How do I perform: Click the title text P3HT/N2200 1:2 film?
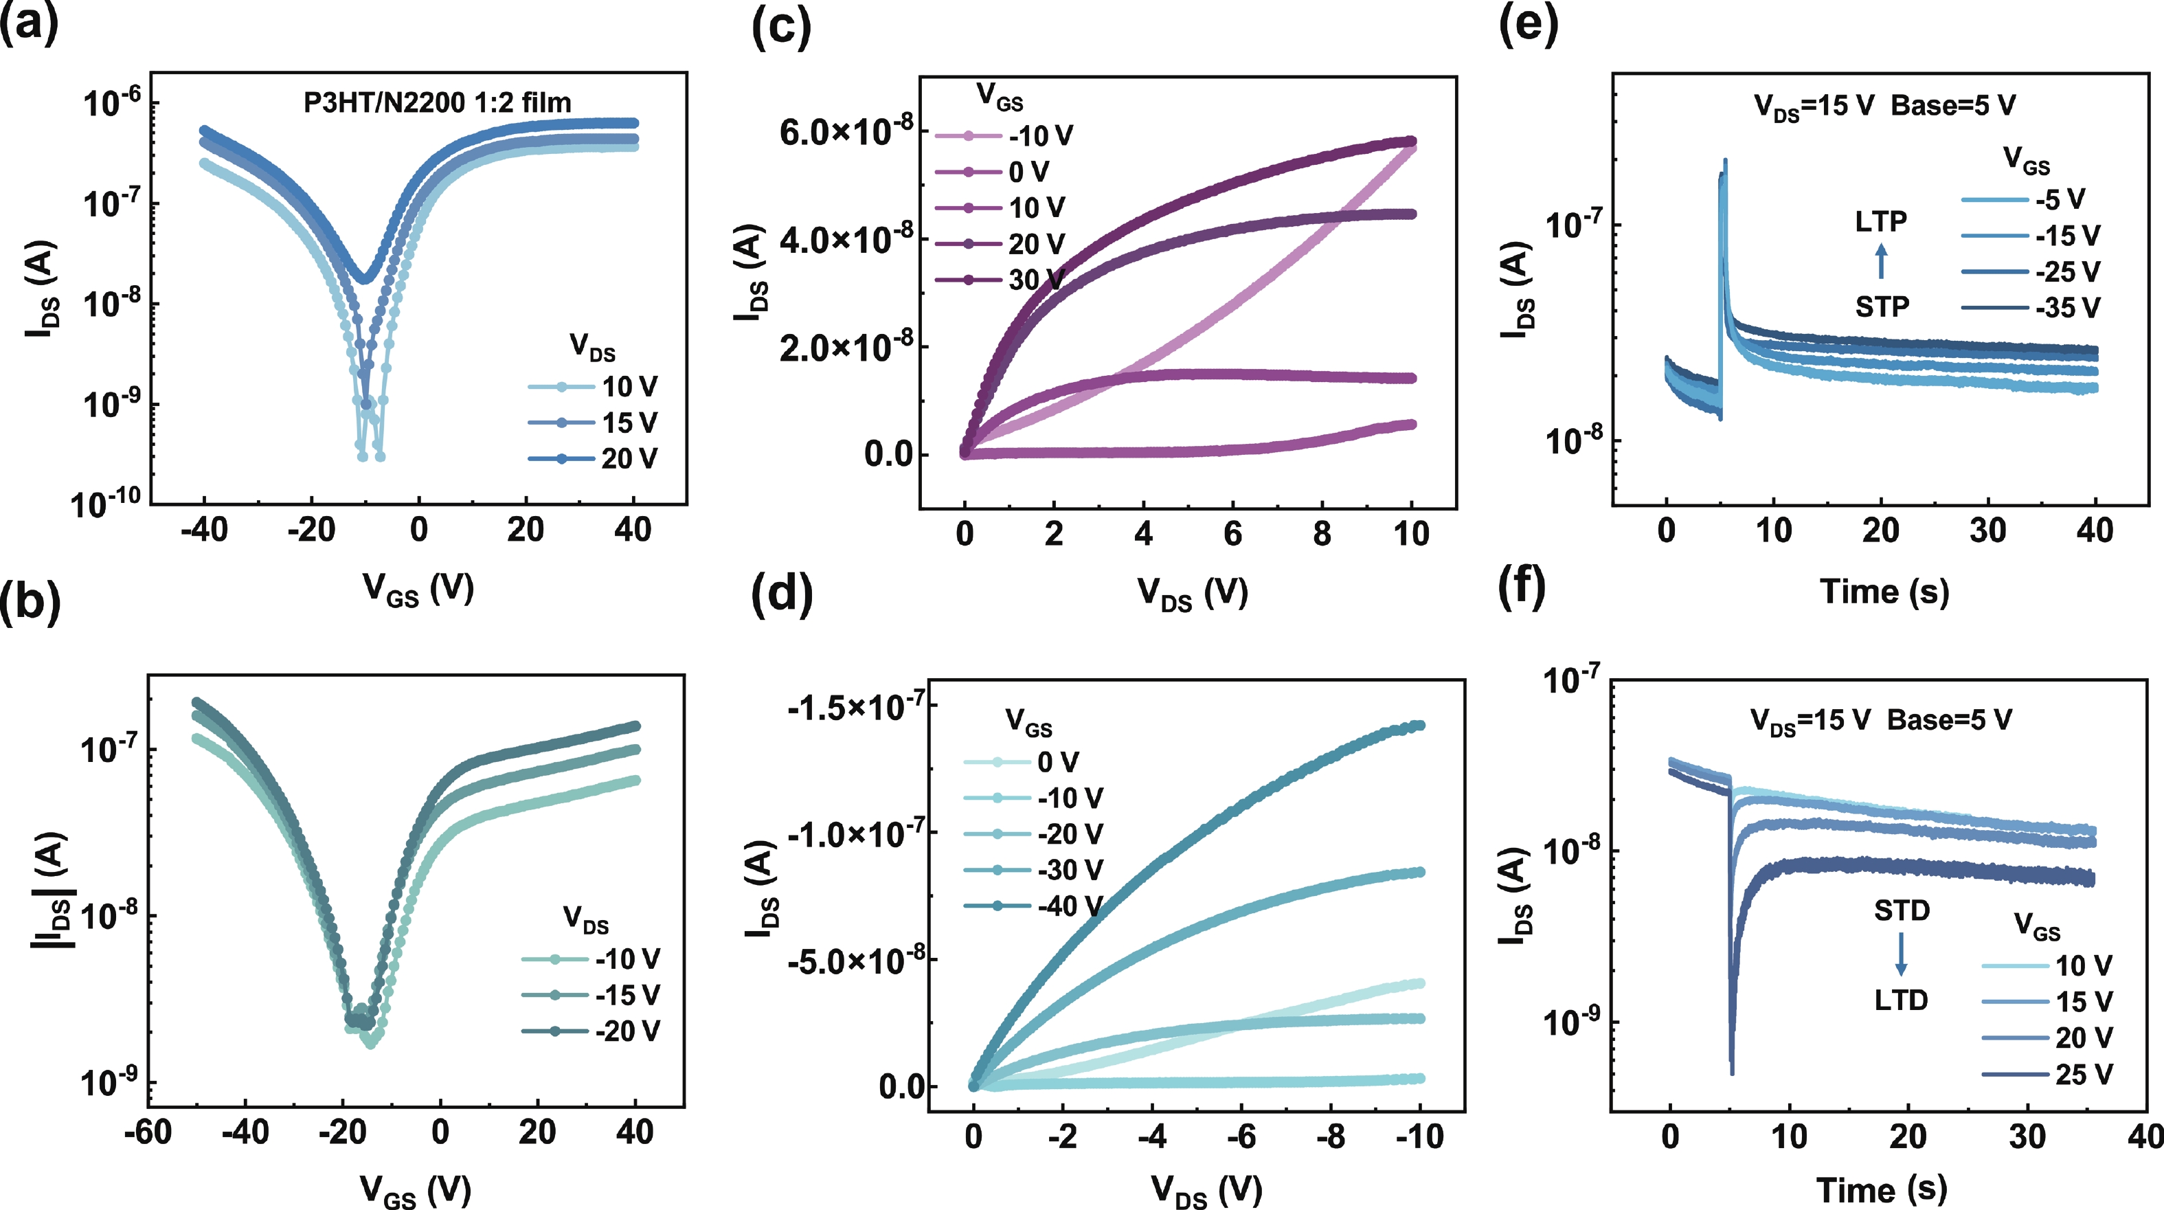437,103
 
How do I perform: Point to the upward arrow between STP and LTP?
1881,261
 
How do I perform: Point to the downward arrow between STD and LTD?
1901,954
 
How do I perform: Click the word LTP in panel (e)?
1881,222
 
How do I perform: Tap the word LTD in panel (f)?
1901,1000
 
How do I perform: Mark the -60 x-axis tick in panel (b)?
148,1132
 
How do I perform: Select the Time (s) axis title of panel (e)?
1884,592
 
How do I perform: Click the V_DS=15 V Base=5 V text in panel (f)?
1881,720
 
